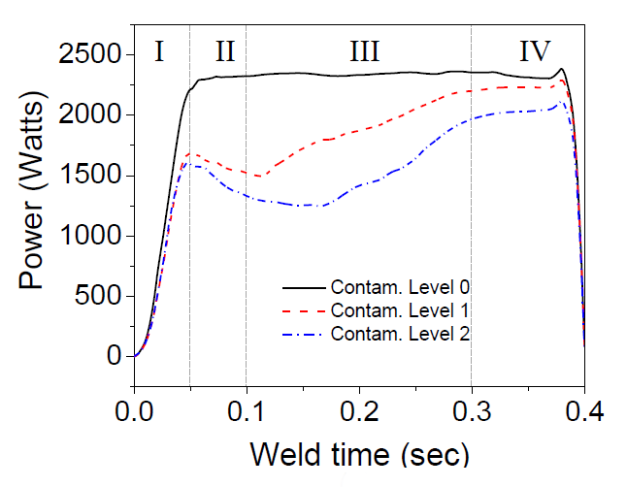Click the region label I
point(159,51)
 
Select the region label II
point(225,51)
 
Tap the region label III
point(364,51)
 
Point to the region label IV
point(535,51)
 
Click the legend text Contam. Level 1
point(401,310)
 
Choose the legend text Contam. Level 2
point(401,334)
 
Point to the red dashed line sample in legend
point(303,311)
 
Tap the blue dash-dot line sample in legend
point(303,335)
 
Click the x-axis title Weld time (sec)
point(359,453)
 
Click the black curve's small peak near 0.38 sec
point(562,69)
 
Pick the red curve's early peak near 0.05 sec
point(193,153)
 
